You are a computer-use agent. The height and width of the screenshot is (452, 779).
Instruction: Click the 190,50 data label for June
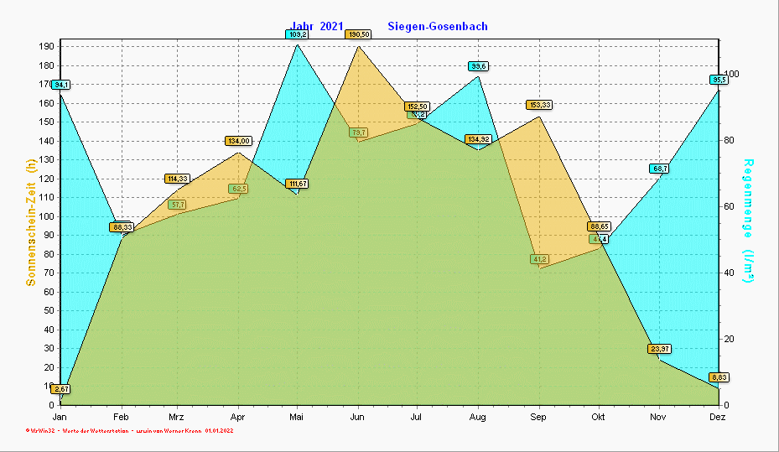[x=358, y=34]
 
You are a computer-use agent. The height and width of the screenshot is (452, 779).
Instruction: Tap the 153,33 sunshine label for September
[x=539, y=105]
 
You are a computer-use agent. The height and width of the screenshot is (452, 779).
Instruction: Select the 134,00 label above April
[x=238, y=141]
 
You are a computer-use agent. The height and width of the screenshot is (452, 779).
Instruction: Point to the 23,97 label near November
[x=659, y=349]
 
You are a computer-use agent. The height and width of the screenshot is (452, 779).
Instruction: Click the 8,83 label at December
[x=719, y=377]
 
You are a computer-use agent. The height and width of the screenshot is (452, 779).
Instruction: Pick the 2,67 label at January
[x=60, y=389]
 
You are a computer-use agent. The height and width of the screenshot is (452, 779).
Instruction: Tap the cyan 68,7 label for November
[x=658, y=169]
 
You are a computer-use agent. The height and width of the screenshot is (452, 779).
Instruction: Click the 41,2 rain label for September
[x=539, y=259]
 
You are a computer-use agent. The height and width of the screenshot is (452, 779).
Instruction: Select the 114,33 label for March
[x=178, y=179]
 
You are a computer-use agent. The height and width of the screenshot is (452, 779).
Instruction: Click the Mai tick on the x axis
[x=297, y=417]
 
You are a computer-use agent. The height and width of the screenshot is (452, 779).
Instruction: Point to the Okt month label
[x=599, y=417]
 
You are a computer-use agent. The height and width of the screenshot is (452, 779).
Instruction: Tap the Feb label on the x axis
[x=121, y=417]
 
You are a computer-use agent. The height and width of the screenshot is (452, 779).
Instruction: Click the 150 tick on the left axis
[x=46, y=122]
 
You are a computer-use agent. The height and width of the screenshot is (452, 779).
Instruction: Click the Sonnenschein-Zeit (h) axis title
[x=31, y=224]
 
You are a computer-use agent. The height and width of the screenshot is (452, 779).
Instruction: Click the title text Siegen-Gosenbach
[x=438, y=27]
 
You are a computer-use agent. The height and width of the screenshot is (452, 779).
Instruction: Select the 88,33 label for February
[x=122, y=227]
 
